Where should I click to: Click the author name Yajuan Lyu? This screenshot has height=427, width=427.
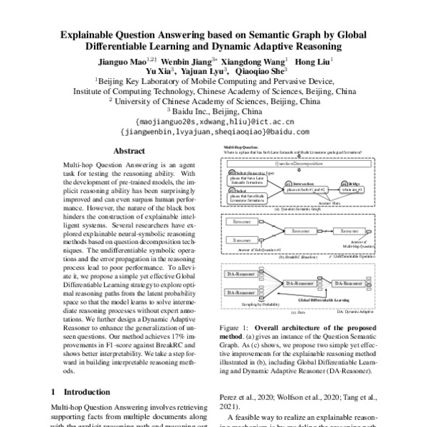pyautogui.click(x=202, y=71)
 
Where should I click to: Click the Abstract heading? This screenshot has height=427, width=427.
pyautogui.click(x=130, y=152)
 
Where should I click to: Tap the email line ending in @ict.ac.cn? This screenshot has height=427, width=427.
pyautogui.click(x=213, y=122)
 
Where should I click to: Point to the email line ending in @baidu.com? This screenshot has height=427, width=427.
pyautogui.click(x=213, y=132)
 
